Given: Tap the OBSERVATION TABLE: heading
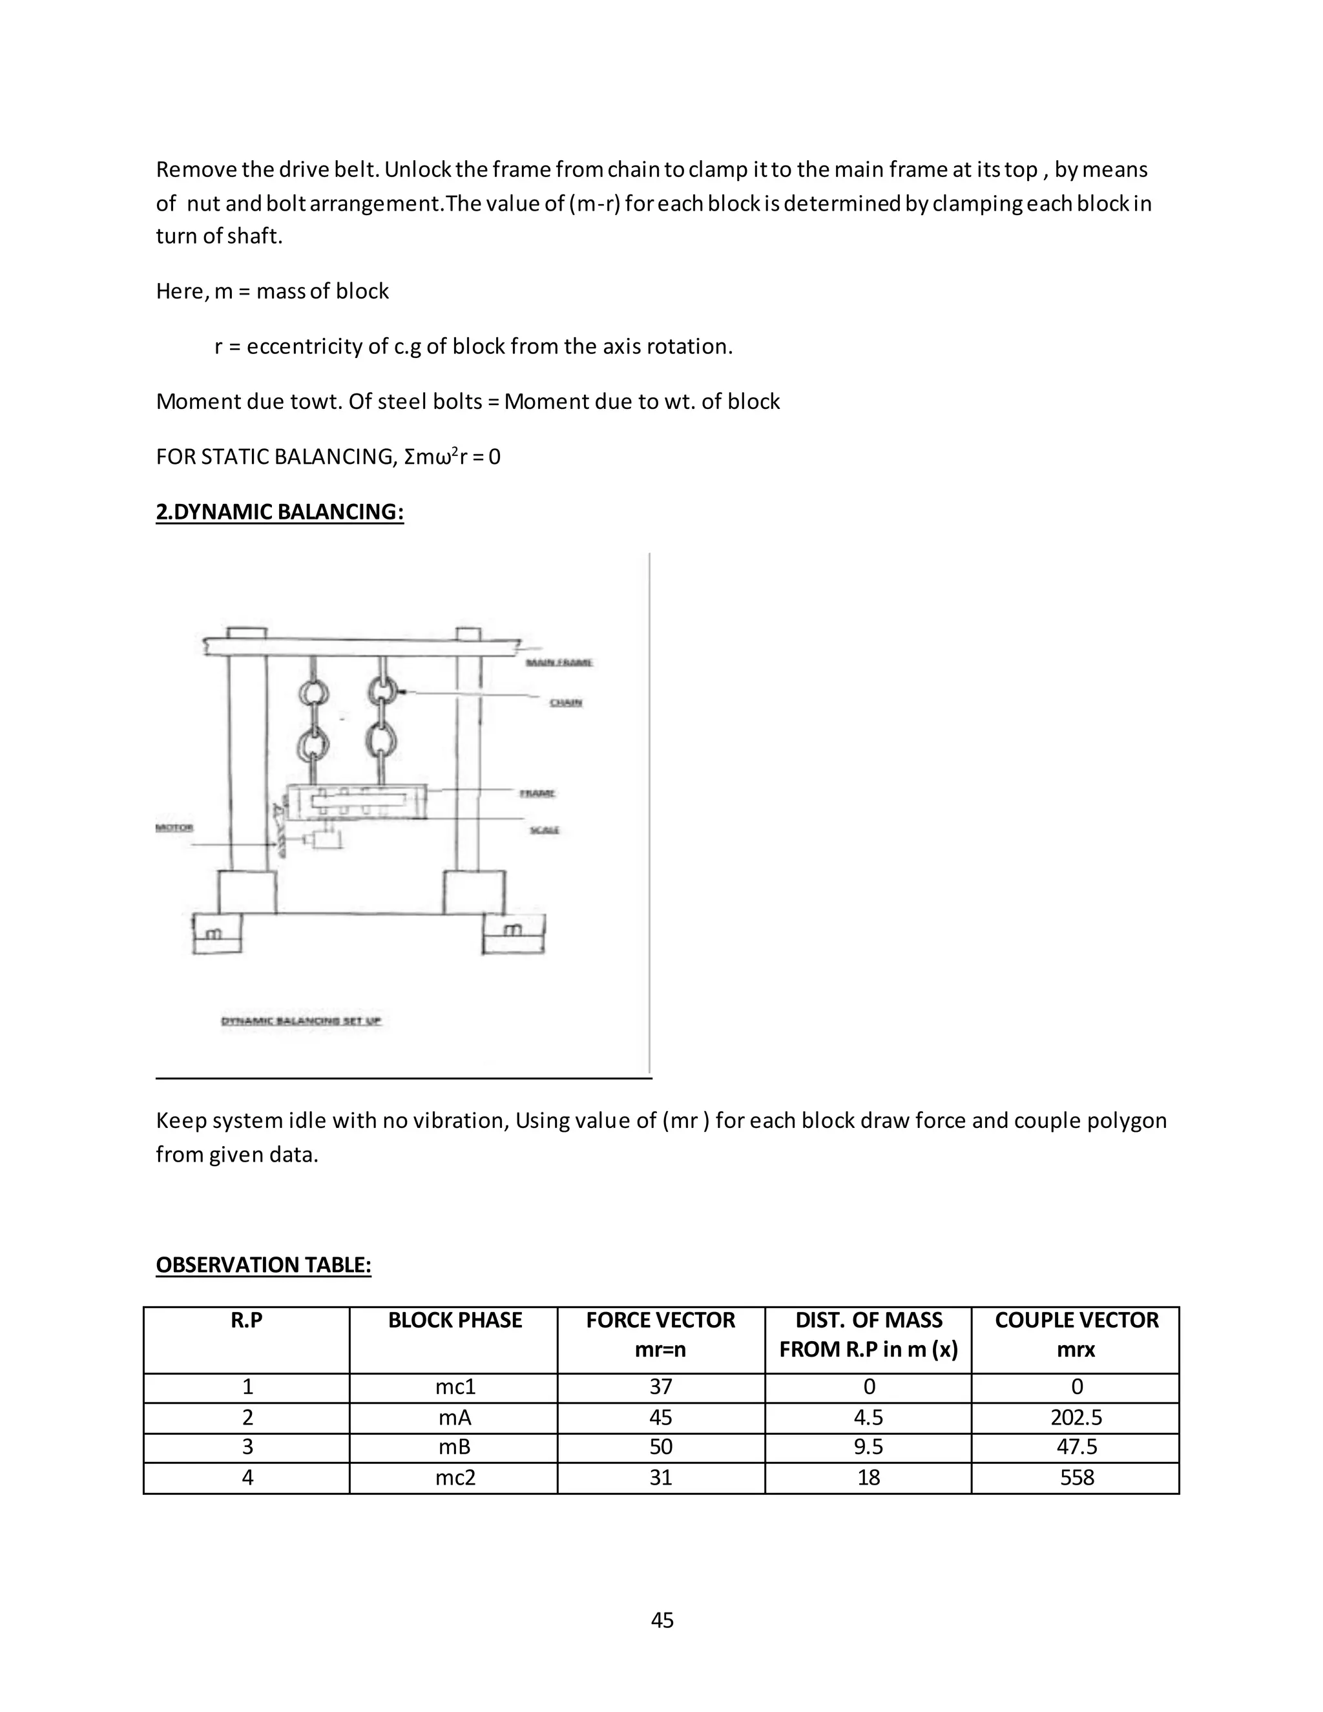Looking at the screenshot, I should point(264,1264).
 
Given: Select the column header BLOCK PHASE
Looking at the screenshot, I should point(455,1320).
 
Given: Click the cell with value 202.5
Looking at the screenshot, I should point(1076,1417).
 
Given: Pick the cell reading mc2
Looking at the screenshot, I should point(455,1477).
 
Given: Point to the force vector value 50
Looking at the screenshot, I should point(661,1447).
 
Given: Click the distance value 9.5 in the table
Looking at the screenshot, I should point(868,1447).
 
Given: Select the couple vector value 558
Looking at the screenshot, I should point(1076,1477).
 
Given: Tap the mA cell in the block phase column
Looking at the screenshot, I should point(455,1417).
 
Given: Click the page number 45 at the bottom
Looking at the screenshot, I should point(661,1620).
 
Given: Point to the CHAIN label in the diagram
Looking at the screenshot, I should point(565,702).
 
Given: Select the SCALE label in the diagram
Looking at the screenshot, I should point(544,830).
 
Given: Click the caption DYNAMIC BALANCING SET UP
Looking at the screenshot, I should point(301,1021).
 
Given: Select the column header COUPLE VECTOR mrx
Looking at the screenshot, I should point(1076,1334).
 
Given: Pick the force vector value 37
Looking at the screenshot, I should point(661,1386).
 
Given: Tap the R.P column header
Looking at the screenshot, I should point(246,1320).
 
